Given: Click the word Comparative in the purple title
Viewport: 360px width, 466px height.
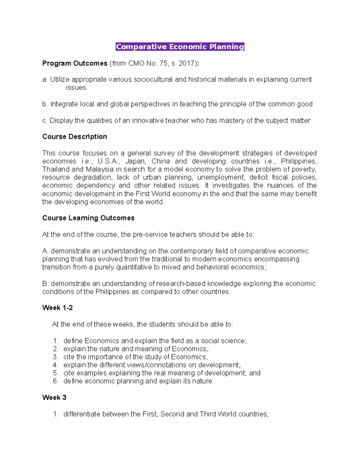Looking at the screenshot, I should (x=141, y=47).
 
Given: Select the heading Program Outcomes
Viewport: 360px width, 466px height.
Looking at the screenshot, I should (x=75, y=63).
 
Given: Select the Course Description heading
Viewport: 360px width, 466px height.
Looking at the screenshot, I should (x=75, y=137).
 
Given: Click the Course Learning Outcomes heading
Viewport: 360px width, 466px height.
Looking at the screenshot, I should (x=88, y=218).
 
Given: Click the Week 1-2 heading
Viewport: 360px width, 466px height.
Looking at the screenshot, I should (x=57, y=308).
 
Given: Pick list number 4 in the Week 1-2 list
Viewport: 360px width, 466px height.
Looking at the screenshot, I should (x=55, y=365).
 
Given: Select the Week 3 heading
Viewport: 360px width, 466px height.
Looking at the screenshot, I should (x=54, y=398).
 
